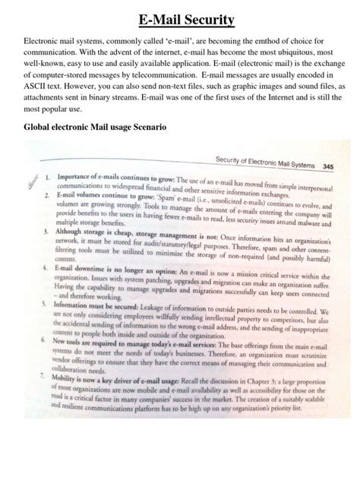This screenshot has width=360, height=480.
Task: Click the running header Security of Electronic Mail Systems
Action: click(264, 161)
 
